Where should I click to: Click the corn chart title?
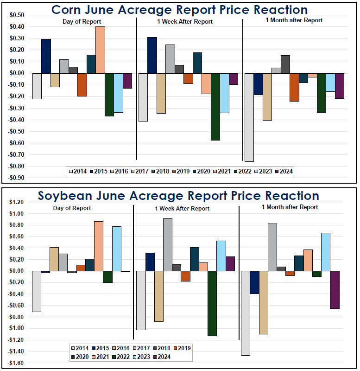pos(179,10)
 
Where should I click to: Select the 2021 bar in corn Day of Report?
pos(100,50)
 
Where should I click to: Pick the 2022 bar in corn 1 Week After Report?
pos(215,107)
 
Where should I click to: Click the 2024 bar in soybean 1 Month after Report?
pos(335,290)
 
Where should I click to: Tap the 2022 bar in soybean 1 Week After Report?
pos(212,303)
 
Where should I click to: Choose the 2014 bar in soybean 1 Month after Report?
pos(246,313)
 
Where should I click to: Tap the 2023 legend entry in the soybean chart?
pos(147,357)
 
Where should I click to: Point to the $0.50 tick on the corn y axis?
pos(17,15)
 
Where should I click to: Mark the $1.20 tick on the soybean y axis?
pos(17,202)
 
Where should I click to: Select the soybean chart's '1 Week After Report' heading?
pos(182,208)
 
